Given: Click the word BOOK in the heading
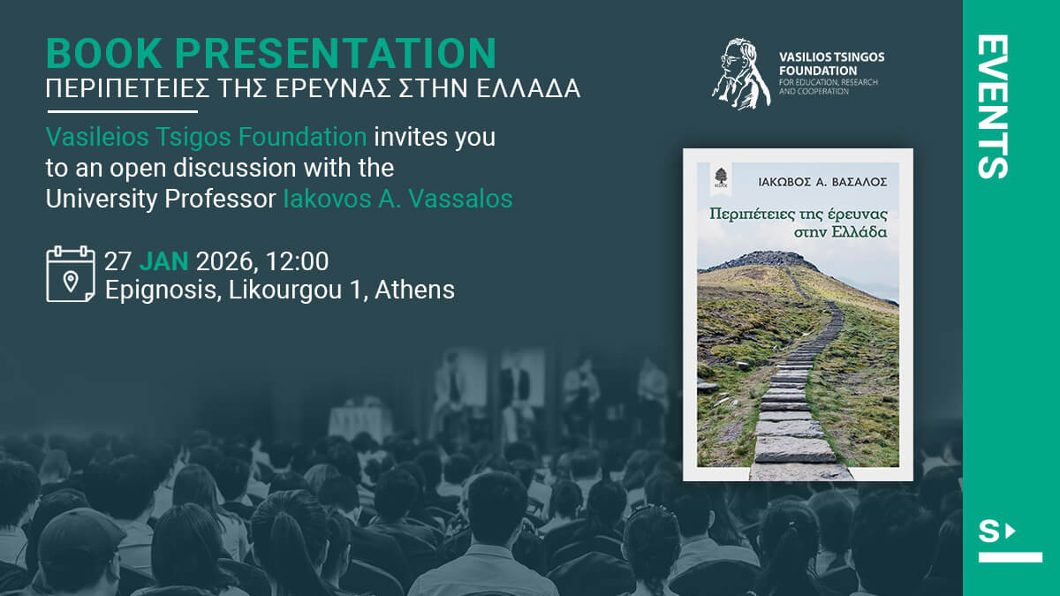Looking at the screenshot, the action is point(104,53).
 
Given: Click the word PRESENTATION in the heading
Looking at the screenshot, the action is point(336,53).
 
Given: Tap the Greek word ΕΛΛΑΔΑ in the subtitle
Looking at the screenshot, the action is point(528,88).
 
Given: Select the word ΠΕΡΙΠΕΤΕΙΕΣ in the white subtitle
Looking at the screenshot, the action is point(127,88).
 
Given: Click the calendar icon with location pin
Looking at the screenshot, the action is point(71,274).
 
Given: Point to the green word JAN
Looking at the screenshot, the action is point(163,261).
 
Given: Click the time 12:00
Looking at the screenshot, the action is point(297,261).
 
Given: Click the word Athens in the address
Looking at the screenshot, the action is point(414,290).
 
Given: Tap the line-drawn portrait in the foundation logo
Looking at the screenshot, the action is point(741,74).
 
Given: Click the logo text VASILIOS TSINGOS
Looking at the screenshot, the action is point(831,57).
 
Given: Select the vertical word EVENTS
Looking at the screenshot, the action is point(993,107).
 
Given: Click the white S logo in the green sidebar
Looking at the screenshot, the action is point(1010,541).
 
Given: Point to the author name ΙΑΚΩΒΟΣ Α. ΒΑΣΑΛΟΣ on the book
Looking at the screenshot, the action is point(822,182).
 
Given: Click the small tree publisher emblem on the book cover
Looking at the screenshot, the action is point(721,177).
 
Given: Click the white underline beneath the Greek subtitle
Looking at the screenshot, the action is point(123,111).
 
